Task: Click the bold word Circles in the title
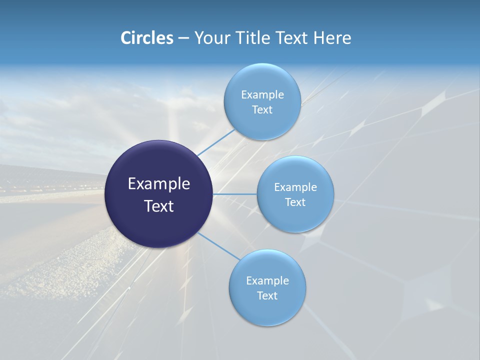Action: point(147,38)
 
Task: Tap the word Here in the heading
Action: point(332,38)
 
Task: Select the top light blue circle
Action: point(262,75)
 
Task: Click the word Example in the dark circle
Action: point(159,184)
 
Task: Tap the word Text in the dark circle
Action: point(159,206)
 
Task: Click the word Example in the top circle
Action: point(262,95)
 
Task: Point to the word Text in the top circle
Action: point(262,110)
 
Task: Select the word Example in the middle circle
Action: point(295,187)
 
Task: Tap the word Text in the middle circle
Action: point(295,202)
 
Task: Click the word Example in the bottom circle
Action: point(267,281)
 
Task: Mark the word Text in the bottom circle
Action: point(267,296)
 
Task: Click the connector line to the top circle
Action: point(216,142)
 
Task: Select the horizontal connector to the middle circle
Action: point(234,194)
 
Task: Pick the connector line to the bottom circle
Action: point(219,246)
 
